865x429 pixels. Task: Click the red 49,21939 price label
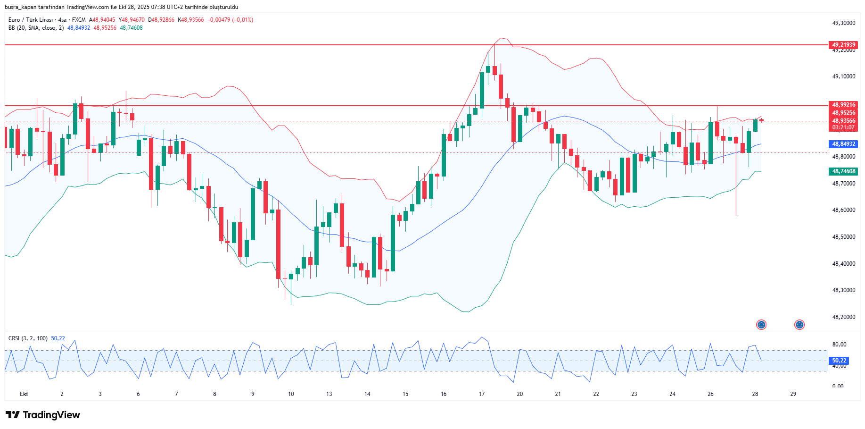click(x=843, y=45)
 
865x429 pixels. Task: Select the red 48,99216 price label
click(x=843, y=105)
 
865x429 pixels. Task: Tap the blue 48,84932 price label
click(x=843, y=144)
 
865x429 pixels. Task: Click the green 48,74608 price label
click(x=843, y=171)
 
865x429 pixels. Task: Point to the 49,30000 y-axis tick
click(x=843, y=23)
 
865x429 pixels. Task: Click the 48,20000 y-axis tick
click(x=843, y=317)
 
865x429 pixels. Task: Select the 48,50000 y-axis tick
click(x=843, y=237)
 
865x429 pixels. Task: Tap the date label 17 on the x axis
click(x=482, y=394)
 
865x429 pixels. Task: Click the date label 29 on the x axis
click(x=793, y=394)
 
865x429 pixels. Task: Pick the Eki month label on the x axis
click(x=24, y=394)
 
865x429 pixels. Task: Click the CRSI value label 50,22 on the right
click(x=839, y=361)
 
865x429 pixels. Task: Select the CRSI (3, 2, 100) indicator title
click(x=28, y=338)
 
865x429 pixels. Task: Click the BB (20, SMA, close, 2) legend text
click(x=36, y=28)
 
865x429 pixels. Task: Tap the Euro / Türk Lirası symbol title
click(x=31, y=20)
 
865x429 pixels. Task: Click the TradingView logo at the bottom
click(x=43, y=415)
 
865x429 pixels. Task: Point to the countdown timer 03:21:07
click(x=843, y=127)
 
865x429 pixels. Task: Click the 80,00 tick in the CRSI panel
click(x=839, y=345)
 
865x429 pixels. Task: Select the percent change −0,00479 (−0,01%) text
click(x=230, y=20)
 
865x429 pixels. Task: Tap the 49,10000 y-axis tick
click(x=843, y=76)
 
